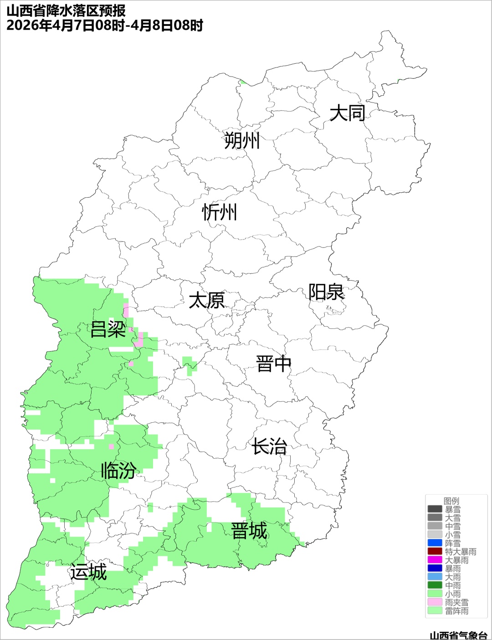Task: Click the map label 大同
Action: point(347,113)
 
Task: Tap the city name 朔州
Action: point(242,141)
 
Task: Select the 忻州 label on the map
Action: point(220,212)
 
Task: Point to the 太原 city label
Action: point(207,301)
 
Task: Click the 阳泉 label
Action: point(326,292)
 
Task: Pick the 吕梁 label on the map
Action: point(108,329)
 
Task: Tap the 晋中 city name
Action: point(273,364)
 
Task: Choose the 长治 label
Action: point(269,446)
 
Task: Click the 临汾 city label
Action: point(118,471)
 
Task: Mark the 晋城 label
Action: point(249,531)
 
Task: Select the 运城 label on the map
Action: point(88,572)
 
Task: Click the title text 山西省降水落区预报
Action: point(66,10)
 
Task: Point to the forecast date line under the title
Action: point(105,25)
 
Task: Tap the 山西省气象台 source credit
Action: point(458,635)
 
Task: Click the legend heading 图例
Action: point(451,501)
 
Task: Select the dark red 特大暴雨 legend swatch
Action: point(435,552)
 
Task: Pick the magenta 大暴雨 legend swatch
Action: point(435,560)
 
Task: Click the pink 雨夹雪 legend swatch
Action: point(435,602)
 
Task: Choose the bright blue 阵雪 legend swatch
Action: point(435,543)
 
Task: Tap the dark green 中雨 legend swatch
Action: point(435,585)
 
